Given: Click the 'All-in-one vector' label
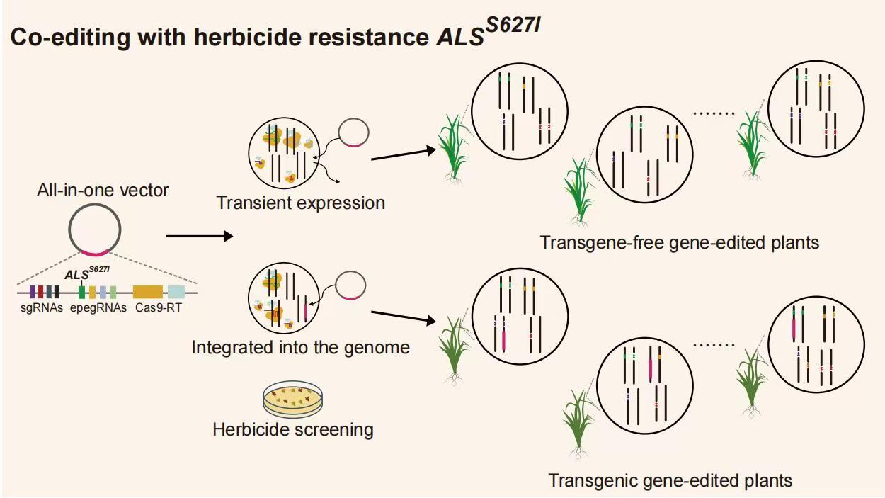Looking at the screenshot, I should (103, 190).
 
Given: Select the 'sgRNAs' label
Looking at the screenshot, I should (41, 307).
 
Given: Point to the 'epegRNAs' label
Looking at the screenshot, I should (98, 307).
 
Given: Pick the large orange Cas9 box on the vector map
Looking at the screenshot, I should (148, 291).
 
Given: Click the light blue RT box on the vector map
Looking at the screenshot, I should (176, 291).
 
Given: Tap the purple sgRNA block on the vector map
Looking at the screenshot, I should (33, 291).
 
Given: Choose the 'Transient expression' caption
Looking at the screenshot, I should (301, 203).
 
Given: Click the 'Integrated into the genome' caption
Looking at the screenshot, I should (301, 348).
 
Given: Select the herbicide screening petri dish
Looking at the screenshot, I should (292, 400).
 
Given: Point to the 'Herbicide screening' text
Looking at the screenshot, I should (293, 429).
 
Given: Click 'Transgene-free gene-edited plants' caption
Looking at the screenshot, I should (679, 242).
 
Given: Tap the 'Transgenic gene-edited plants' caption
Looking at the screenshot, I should (670, 480).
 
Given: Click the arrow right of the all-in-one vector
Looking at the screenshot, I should (199, 237).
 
